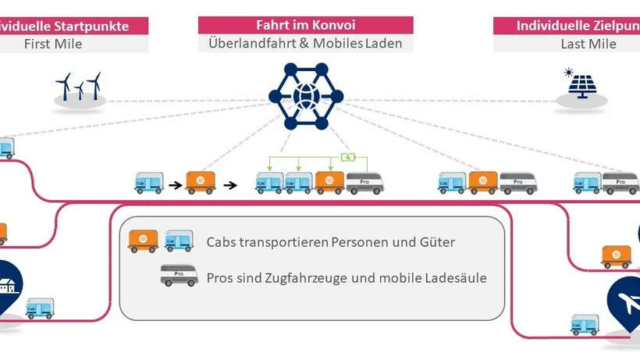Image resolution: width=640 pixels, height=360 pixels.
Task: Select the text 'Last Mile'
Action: (x=588, y=44)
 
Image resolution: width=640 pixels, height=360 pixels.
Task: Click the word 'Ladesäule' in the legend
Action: (x=456, y=277)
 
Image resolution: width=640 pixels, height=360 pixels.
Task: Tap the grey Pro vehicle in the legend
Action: (x=179, y=276)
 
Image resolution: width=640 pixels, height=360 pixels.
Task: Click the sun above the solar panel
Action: (x=569, y=72)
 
